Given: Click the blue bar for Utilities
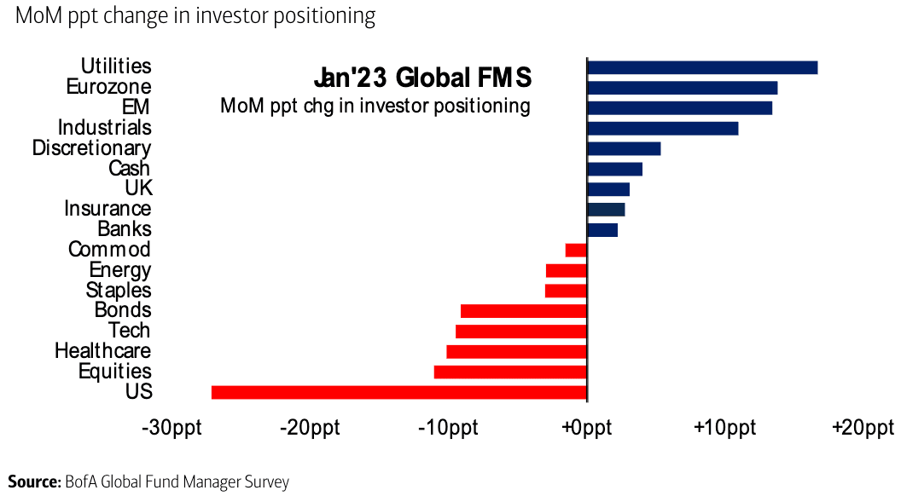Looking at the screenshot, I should click(x=702, y=67).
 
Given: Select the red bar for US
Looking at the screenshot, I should click(x=399, y=392).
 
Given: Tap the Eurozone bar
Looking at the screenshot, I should click(x=682, y=88).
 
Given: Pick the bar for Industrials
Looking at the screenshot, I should click(x=662, y=128).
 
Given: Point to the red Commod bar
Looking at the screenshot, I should click(x=576, y=250).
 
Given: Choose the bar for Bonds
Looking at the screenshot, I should click(x=524, y=311).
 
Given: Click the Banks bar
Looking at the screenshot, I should click(x=602, y=230).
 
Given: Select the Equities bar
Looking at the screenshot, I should click(x=510, y=372).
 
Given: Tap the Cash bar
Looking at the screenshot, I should click(x=614, y=169).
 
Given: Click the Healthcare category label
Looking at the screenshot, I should click(x=102, y=350).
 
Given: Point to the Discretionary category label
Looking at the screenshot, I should click(x=91, y=148).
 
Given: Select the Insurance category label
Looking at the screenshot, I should click(x=108, y=209).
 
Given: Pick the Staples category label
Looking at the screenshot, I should click(x=118, y=290).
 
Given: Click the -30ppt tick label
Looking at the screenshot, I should click(x=171, y=427).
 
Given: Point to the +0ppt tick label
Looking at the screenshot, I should click(x=585, y=427).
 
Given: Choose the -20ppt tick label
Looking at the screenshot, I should click(x=310, y=427).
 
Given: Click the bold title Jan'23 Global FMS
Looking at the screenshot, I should click(x=422, y=78).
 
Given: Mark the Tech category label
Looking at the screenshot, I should click(x=129, y=331).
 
